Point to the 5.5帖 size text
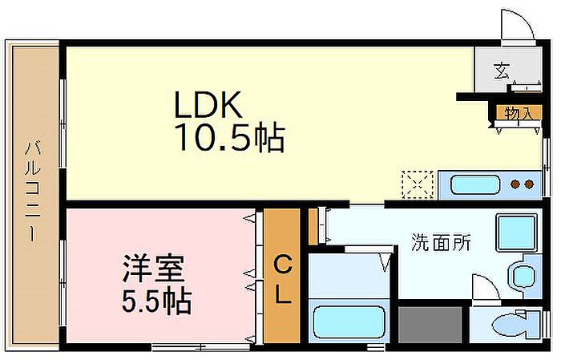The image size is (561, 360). [x=157, y=302]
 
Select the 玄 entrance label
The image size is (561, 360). [x=501, y=71]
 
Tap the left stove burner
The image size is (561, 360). [x=516, y=185]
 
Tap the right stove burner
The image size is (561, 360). [x=529, y=185]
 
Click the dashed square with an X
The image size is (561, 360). [x=417, y=184]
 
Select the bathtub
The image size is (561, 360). [x=349, y=322]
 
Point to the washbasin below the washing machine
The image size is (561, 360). [x=523, y=274]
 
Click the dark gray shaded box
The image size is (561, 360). [x=430, y=325]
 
